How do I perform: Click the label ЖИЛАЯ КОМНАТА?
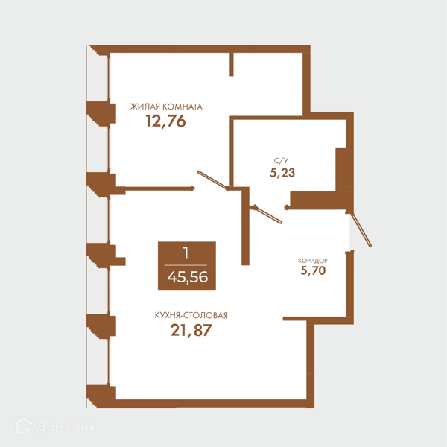166,107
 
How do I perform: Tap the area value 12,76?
165,121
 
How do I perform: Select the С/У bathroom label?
281,161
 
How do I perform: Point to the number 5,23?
282,173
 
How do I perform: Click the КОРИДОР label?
312,261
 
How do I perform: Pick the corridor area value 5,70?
313,270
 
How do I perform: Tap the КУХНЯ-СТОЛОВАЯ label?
191,315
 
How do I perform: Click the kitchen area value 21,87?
191,330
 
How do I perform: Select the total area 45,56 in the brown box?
187,277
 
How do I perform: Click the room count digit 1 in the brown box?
186,253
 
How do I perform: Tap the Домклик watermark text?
66,427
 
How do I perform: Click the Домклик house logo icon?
24,426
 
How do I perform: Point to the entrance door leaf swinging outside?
361,229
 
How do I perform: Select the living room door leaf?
212,180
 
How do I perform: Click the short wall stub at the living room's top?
232,64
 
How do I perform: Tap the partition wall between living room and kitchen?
159,188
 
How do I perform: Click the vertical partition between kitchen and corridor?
245,226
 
